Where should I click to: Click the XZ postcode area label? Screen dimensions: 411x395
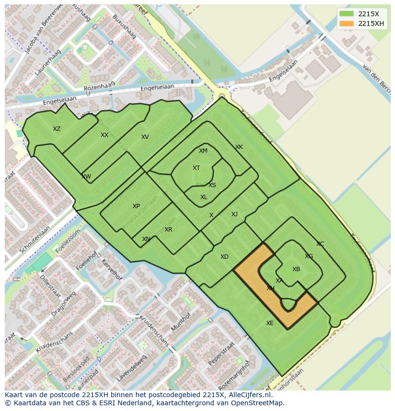click(57, 129)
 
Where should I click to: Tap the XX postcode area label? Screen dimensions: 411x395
click(104, 135)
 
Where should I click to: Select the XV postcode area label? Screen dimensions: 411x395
click(145, 137)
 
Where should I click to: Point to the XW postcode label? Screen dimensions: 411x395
click(86, 177)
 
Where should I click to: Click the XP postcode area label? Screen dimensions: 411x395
click(136, 206)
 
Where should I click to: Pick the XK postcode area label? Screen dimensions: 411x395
click(239, 147)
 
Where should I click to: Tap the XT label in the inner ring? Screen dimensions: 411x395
click(196, 168)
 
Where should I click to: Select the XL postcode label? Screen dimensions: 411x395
click(204, 197)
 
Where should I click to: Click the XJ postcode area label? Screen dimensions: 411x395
click(234, 214)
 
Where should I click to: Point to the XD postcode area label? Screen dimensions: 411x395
click(224, 257)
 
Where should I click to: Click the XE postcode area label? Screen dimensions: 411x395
click(270, 323)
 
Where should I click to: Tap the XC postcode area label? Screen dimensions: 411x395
click(320, 244)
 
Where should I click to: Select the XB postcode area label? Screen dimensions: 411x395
click(296, 269)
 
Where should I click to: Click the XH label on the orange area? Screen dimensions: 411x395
click(270, 288)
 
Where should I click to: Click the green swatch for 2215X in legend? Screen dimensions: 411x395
click(347, 14)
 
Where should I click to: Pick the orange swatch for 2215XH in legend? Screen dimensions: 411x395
click(347, 24)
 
